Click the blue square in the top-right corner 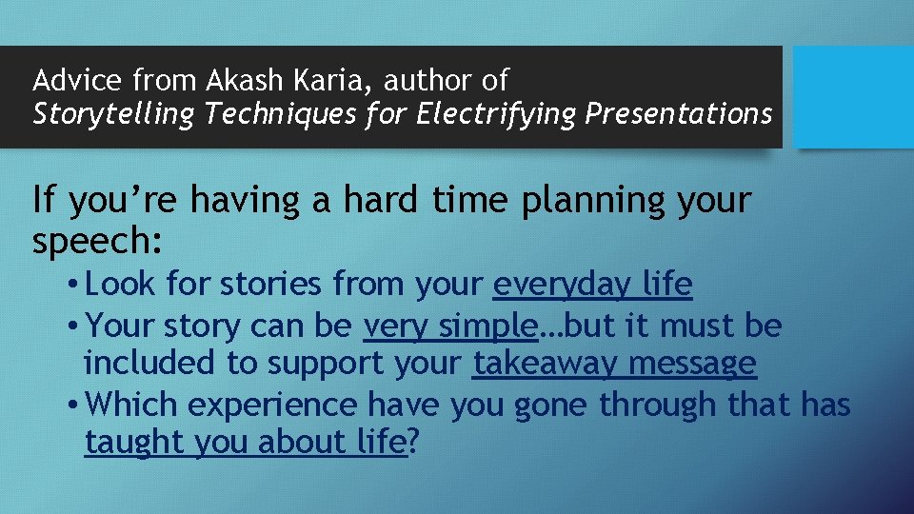point(853,97)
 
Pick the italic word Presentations point(678,114)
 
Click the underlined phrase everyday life point(592,284)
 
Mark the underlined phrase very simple point(450,326)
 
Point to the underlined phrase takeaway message point(614,364)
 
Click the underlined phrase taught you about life point(246,443)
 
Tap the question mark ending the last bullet point(413,443)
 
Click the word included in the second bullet point(149,364)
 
